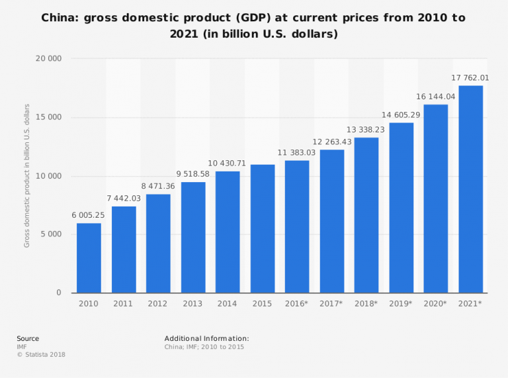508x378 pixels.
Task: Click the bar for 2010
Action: tap(89, 258)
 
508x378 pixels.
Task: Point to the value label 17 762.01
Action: tap(470, 77)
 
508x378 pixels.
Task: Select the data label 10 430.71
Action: tap(228, 163)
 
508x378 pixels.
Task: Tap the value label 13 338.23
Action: tap(366, 129)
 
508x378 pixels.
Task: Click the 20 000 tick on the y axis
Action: tap(48, 59)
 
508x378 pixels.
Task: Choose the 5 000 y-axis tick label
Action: tap(51, 234)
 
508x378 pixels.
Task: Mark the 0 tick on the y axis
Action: tap(58, 293)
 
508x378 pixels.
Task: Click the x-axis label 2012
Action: tap(158, 303)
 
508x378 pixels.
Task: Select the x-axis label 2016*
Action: tap(297, 303)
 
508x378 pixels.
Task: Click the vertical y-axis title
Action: tap(27, 175)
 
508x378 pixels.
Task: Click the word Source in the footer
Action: tap(28, 338)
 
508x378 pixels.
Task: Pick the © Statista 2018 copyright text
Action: tap(41, 355)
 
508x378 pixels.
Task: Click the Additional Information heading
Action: tap(206, 338)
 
